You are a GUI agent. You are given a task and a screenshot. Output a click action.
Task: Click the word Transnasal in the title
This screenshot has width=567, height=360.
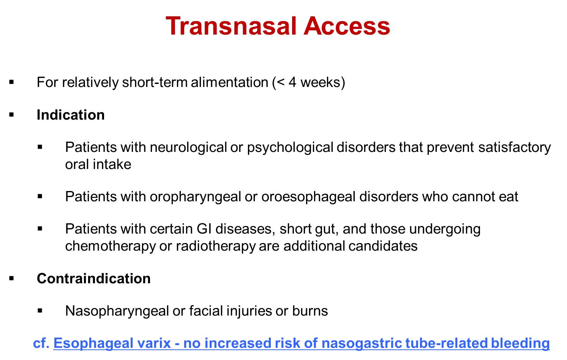point(231,26)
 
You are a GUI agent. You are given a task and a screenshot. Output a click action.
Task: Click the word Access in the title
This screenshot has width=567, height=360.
point(347,26)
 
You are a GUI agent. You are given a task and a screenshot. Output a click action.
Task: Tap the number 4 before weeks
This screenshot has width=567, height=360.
point(292,82)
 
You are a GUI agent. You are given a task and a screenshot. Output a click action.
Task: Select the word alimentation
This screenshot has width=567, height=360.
point(229,82)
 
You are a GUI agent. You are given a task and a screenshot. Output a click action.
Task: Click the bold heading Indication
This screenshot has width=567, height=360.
point(71,115)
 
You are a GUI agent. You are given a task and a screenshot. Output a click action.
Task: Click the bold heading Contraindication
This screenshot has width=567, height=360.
point(94,278)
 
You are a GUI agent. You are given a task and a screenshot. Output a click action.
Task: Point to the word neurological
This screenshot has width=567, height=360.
point(188,147)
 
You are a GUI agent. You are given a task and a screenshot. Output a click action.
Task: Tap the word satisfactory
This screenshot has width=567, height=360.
point(514,147)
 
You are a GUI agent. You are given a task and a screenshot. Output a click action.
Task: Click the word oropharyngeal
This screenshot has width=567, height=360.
point(195,197)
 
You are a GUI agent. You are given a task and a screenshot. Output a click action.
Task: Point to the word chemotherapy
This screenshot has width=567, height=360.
point(111,246)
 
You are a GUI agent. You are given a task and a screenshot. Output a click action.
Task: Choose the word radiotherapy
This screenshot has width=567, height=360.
point(216,246)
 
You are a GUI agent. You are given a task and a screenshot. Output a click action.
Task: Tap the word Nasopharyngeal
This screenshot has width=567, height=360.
point(117,311)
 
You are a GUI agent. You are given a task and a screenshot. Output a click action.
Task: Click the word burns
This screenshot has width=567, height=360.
point(310,311)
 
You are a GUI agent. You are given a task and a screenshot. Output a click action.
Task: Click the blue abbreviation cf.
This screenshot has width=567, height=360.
point(41,344)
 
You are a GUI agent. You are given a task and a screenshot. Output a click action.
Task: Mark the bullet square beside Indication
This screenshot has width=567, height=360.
point(11,115)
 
